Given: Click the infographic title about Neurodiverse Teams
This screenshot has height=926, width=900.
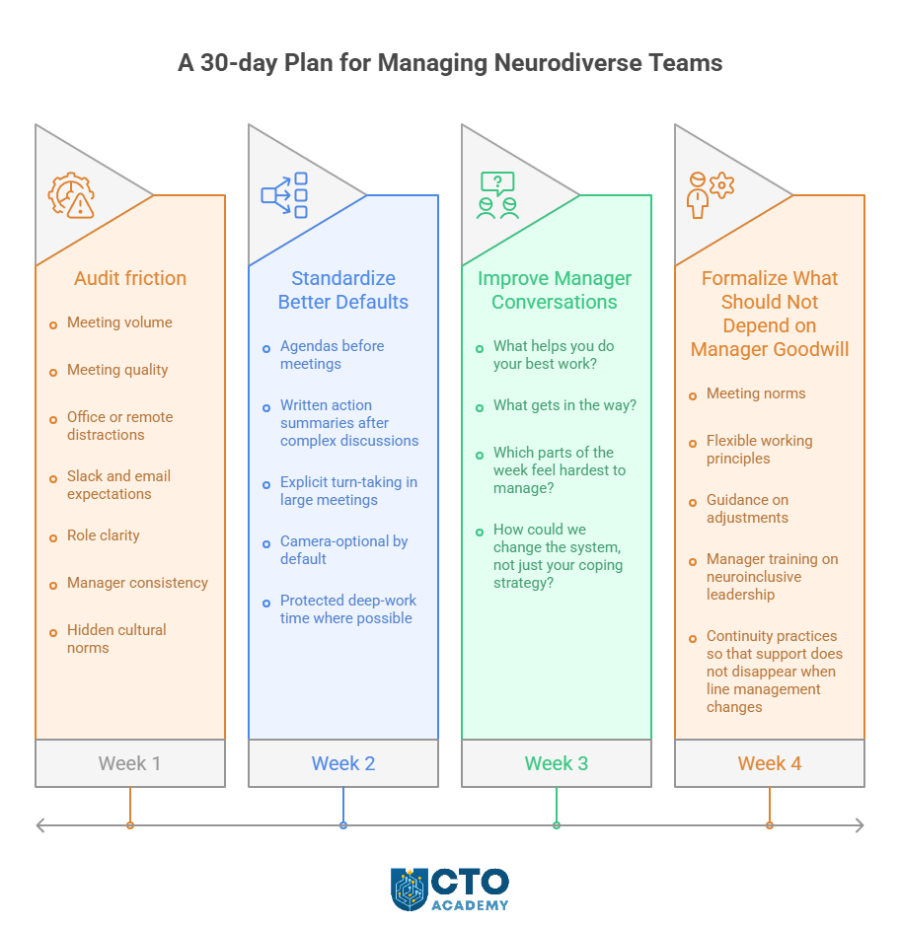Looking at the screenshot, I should (450, 63).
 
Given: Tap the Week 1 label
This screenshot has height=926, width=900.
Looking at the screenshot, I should (129, 763).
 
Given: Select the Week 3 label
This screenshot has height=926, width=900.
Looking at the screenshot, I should (556, 763).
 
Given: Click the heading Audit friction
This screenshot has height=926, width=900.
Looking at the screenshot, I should (130, 278).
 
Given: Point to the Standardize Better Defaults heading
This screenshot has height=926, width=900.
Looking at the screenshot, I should (343, 290).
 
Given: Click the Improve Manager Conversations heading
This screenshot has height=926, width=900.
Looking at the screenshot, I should (555, 290).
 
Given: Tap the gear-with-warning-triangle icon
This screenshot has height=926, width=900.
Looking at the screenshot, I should (72, 195).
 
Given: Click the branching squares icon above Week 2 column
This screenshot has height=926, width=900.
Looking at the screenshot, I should (284, 195).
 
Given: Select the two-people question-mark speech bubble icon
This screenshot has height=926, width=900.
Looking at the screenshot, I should (497, 195).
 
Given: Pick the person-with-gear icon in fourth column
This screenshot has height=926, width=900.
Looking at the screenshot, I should (710, 194).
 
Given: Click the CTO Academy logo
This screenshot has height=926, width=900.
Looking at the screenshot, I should (450, 889).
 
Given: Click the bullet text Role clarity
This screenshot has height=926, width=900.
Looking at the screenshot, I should (104, 535).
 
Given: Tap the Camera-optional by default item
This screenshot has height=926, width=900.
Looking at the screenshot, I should (343, 550).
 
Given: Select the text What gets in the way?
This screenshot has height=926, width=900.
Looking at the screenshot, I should (564, 405).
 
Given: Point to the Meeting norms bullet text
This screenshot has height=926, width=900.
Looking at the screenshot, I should (756, 393).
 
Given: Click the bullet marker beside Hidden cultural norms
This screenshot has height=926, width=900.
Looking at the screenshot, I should (53, 630).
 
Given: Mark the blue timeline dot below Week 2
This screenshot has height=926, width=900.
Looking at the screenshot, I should (343, 825).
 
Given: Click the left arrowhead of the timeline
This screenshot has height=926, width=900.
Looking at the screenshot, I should (40, 825).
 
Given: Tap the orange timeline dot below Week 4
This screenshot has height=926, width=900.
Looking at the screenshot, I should (770, 825).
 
